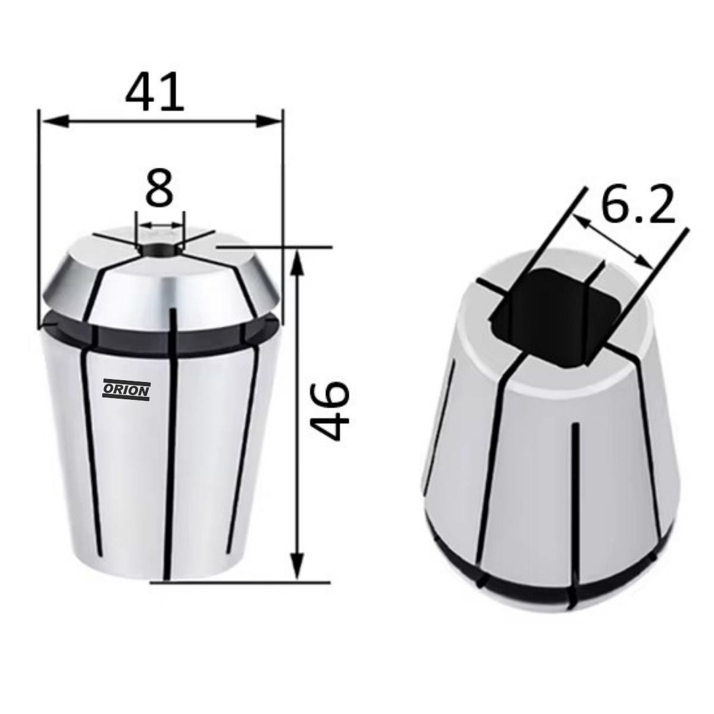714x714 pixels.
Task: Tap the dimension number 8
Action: tap(159, 188)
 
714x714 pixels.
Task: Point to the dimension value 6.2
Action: tap(637, 204)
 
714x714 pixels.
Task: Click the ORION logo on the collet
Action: tap(126, 390)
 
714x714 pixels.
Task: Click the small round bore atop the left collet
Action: tap(159, 249)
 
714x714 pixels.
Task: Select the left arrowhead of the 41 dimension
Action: tap(55, 121)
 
